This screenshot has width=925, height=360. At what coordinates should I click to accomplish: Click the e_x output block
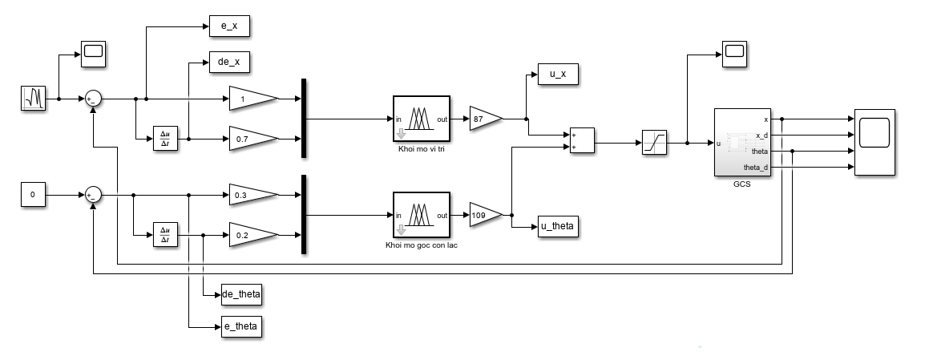coord(229,26)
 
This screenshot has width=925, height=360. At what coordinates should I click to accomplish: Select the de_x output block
coord(229,62)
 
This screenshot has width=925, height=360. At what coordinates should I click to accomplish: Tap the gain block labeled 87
coord(486,119)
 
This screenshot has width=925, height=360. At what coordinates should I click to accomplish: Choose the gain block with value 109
coord(486,215)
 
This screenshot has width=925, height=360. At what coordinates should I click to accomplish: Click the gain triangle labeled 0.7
coord(253,139)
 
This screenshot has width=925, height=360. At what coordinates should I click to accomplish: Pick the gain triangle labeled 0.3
coord(253,196)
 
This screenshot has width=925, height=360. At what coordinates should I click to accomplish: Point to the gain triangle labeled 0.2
coord(253,235)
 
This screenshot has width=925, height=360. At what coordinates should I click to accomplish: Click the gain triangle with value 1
coord(253,99)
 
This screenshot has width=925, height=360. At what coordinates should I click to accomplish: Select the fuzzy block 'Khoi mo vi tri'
coord(421,119)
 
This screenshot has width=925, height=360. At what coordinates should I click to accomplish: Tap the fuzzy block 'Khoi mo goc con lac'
coord(421,215)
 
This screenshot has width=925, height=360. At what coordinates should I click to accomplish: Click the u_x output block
coord(558,75)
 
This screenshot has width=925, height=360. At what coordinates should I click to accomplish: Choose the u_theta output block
coord(558,227)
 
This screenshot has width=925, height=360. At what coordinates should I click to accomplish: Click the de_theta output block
coord(241,294)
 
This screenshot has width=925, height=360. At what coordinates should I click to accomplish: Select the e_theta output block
coord(241,326)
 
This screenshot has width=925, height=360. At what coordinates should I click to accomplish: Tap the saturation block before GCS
coord(654,143)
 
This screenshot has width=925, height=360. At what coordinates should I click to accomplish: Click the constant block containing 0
coord(33,195)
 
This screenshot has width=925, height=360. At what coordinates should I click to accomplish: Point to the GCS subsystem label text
coord(741,184)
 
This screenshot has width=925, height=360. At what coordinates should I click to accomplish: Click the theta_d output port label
coord(756,167)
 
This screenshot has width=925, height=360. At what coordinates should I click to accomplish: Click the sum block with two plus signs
coord(582,141)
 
